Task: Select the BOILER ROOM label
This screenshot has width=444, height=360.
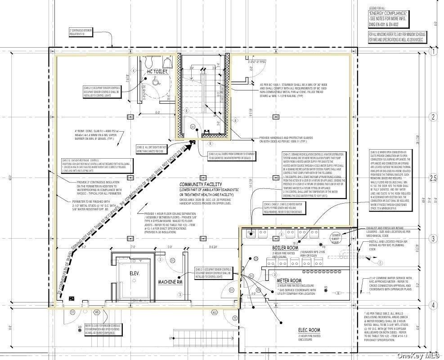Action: (x=285, y=248)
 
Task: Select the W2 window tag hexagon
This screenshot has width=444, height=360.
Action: (x=215, y=312)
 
